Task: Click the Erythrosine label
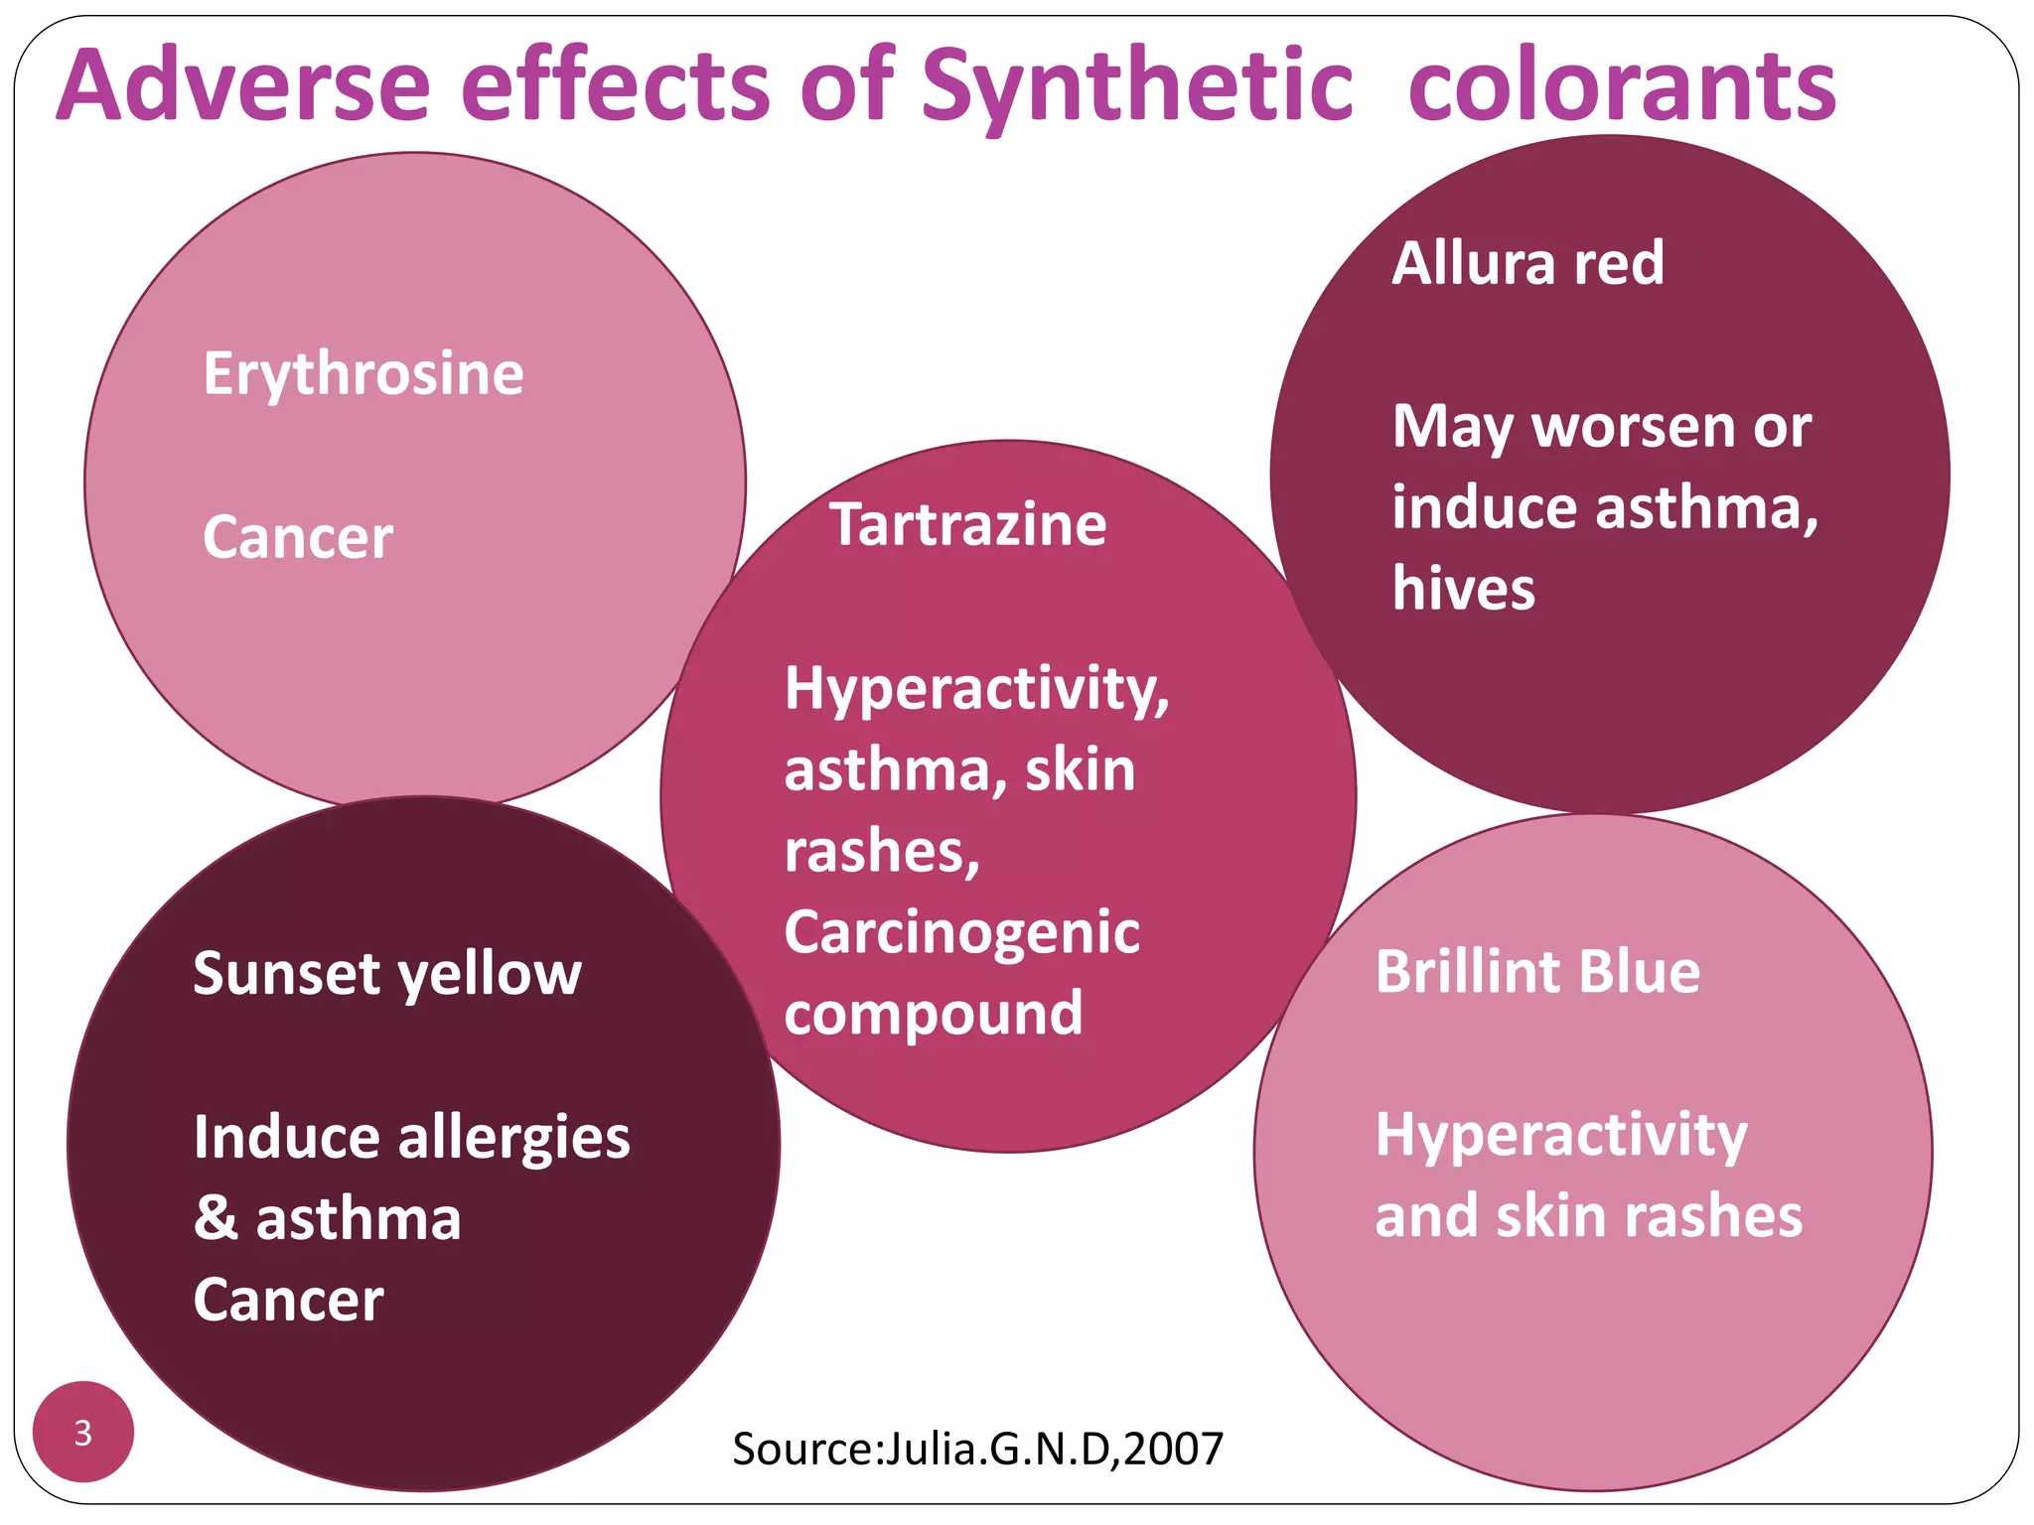pyautogui.click(x=363, y=373)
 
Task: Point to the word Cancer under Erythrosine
pyautogui.click(x=298, y=537)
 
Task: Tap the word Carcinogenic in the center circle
pyautogui.click(x=961, y=932)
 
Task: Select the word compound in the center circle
pyautogui.click(x=934, y=1014)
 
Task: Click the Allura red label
pyautogui.click(x=1527, y=263)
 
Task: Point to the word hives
pyautogui.click(x=1463, y=588)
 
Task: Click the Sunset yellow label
pyautogui.click(x=387, y=973)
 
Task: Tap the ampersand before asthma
pyautogui.click(x=216, y=1218)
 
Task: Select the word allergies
pyautogui.click(x=513, y=1137)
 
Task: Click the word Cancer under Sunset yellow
pyautogui.click(x=288, y=1300)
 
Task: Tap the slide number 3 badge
pyautogui.click(x=83, y=1432)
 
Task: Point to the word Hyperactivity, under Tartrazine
pyautogui.click(x=976, y=688)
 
